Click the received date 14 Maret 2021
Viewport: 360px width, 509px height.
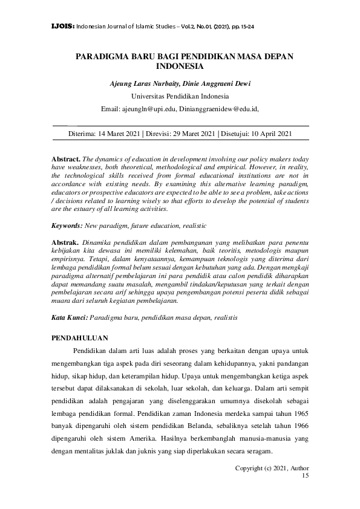[x=127, y=134]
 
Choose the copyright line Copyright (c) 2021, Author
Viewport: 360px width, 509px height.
[x=271, y=468]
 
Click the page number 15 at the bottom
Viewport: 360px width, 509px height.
[x=304, y=476]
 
